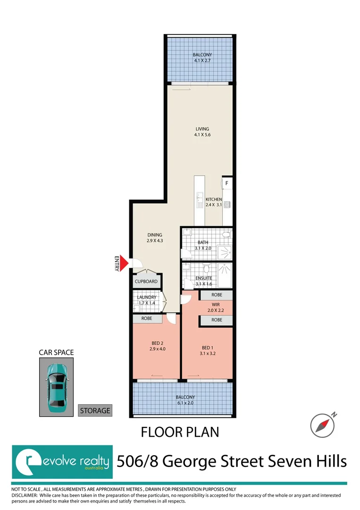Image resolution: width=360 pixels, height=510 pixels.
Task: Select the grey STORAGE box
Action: tap(95, 410)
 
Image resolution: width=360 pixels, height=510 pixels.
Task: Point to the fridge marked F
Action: tap(227, 183)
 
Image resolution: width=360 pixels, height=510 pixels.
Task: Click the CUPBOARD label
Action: tap(146, 281)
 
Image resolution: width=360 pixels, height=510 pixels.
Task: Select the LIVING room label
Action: tap(202, 129)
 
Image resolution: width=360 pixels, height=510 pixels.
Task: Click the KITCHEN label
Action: tap(213, 199)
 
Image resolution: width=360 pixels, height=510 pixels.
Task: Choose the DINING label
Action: tap(154, 235)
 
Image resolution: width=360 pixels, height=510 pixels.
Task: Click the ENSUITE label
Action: tap(204, 278)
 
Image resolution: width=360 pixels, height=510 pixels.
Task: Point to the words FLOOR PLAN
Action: tap(180, 432)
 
